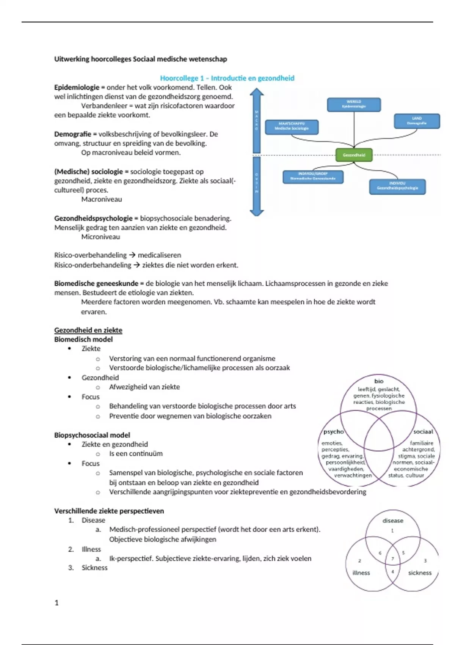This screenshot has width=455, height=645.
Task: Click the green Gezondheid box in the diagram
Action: tap(354, 155)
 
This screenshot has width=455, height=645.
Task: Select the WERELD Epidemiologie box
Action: tap(354, 104)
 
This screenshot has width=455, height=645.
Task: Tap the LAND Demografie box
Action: tap(417, 121)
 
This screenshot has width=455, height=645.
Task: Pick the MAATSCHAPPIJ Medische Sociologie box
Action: tap(292, 127)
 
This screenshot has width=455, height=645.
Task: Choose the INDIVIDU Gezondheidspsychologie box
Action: tap(397, 186)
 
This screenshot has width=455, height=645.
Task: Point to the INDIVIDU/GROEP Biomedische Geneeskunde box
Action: tap(313, 176)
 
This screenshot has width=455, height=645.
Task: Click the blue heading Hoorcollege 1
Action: tap(227, 78)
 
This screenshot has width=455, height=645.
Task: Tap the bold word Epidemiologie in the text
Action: tap(77, 87)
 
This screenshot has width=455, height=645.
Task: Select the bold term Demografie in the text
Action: tap(72, 134)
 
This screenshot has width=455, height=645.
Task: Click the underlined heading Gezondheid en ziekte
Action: tap(88, 330)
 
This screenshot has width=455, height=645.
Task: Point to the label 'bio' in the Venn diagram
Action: tap(379, 381)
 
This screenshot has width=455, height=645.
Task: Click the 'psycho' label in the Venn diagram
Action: tap(333, 431)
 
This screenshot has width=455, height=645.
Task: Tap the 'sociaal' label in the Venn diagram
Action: tap(423, 431)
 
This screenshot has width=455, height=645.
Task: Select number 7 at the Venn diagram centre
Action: tap(392, 558)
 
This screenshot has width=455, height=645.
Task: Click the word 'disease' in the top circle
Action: tap(392, 521)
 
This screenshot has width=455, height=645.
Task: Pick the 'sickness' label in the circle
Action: tap(420, 573)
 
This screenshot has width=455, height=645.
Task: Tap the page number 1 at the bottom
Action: tap(56, 603)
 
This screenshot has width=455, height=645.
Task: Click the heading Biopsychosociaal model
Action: tap(92, 435)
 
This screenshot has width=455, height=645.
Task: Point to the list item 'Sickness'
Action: tap(94, 568)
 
